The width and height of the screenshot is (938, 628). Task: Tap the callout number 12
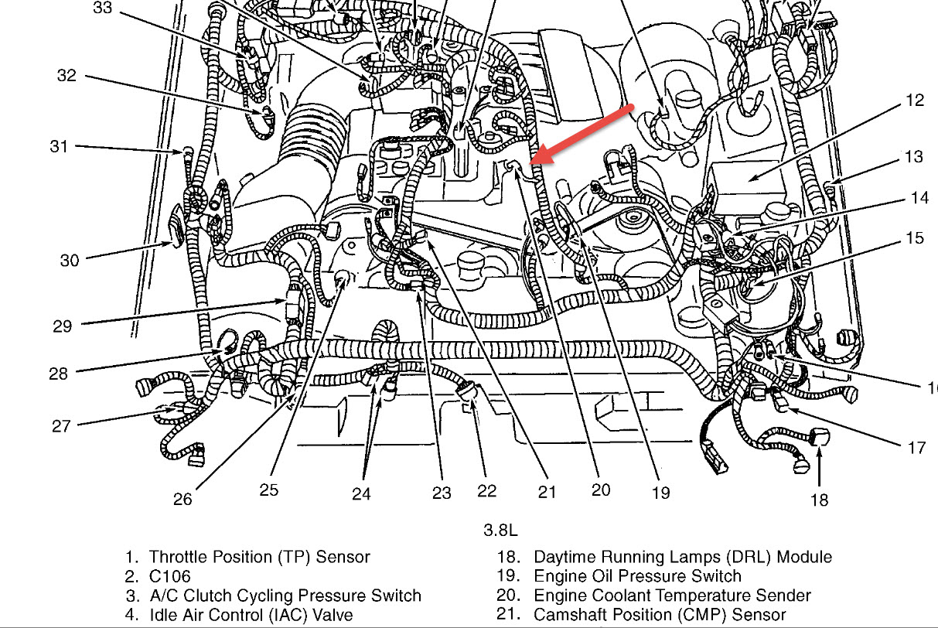click(916, 101)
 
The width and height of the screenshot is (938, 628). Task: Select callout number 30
click(70, 261)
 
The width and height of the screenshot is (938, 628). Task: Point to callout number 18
click(819, 500)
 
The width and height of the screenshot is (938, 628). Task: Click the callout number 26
click(182, 499)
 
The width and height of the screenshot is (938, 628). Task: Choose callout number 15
click(915, 237)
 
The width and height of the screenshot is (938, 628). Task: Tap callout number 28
click(58, 374)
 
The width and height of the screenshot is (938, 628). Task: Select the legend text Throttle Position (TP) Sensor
click(259, 557)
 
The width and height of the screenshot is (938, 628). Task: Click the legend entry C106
click(169, 576)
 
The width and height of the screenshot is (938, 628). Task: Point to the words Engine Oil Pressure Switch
click(637, 576)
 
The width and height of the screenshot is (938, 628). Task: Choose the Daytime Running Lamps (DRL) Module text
click(683, 557)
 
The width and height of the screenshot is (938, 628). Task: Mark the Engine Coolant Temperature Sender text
click(672, 596)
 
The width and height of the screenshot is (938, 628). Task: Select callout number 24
click(361, 493)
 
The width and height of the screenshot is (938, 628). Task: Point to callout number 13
click(914, 157)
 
